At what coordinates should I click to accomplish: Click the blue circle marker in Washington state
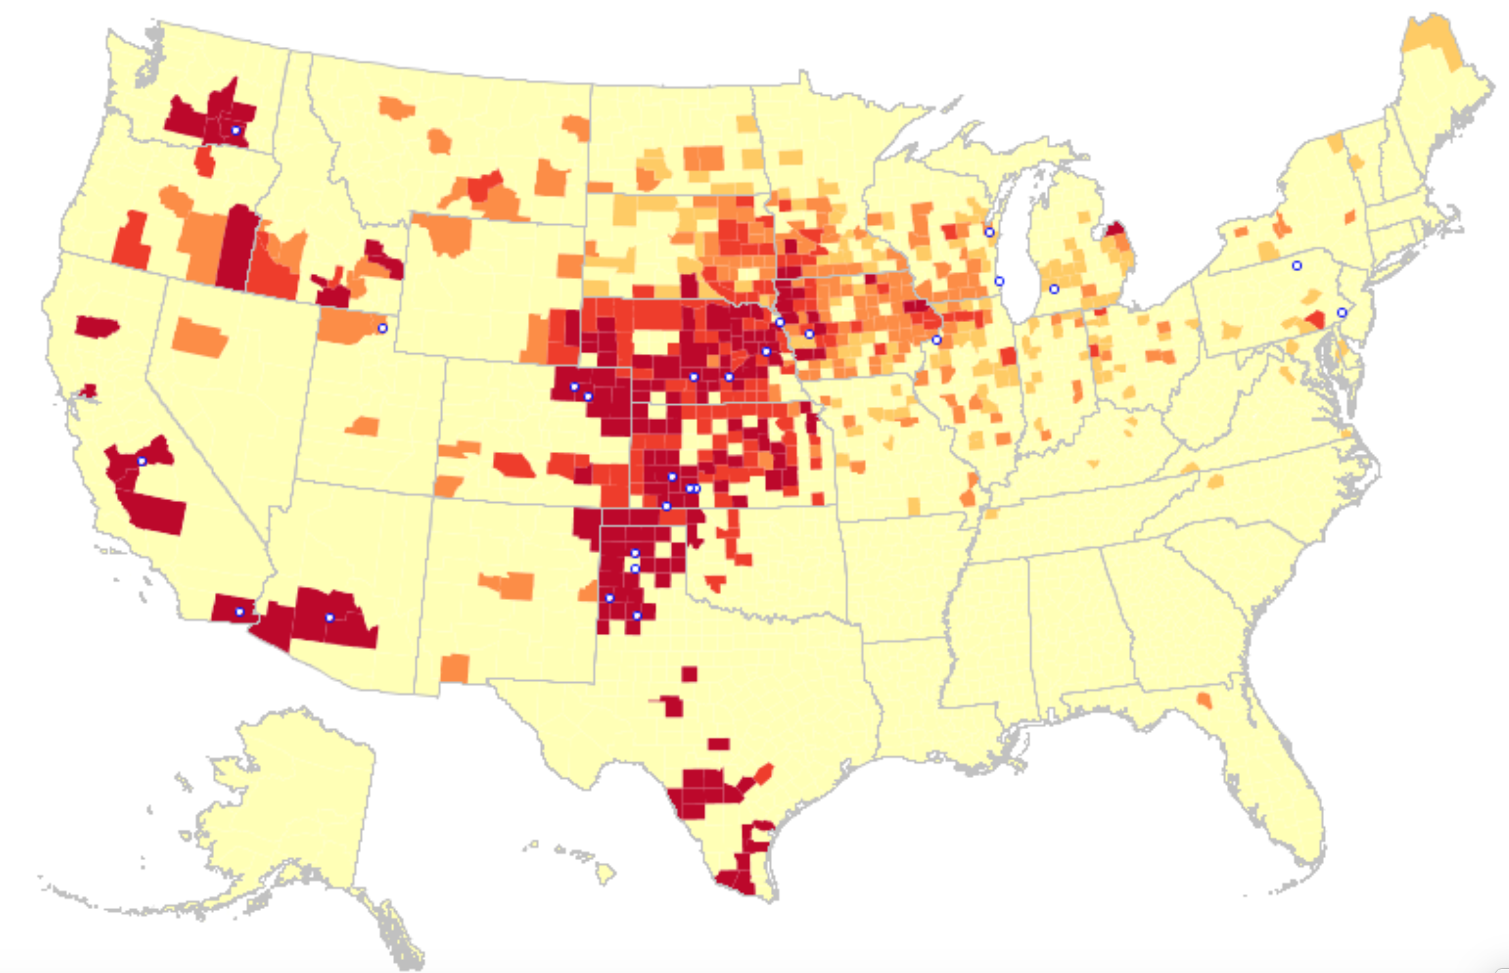236,130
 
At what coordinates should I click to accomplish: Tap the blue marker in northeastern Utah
383,328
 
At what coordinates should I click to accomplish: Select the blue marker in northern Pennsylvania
1297,266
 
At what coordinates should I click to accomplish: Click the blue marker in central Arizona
330,618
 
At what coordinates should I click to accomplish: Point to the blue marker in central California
142,461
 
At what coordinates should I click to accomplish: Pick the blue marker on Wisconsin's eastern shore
990,232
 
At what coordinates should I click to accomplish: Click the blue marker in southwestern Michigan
1054,289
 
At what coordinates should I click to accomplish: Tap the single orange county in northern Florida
1204,701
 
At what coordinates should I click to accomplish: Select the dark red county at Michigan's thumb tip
1115,229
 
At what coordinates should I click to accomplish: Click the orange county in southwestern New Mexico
455,668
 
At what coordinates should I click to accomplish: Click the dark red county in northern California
97,327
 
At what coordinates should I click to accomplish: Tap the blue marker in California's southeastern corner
239,612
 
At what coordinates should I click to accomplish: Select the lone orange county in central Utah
364,427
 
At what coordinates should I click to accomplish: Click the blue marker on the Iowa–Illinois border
937,340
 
